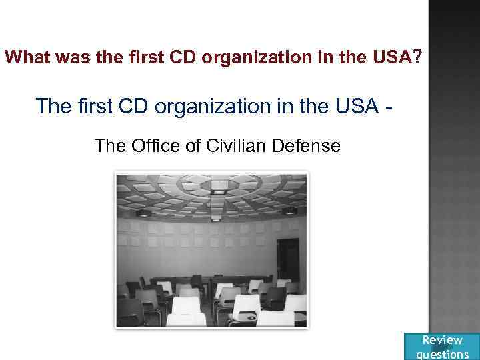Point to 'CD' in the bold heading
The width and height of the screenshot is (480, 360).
tap(184, 58)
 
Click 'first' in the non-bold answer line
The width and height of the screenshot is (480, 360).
tap(93, 105)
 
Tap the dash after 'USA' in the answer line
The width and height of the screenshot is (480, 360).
tap(388, 107)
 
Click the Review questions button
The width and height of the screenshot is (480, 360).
tap(442, 346)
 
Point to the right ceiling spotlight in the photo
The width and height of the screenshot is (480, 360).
tap(289, 211)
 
